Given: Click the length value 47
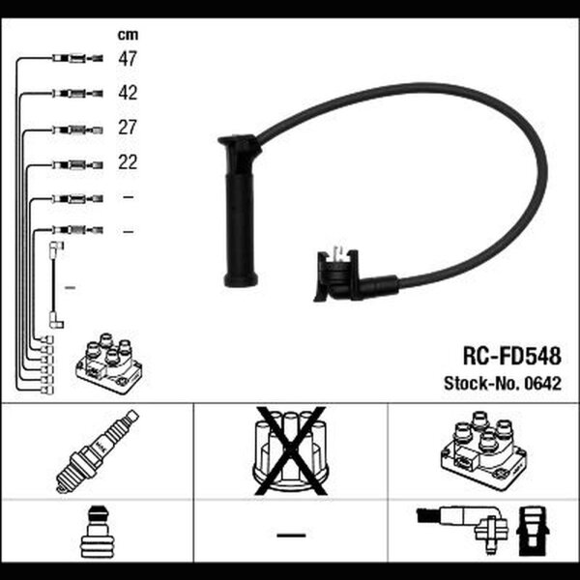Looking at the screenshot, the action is coord(128,58).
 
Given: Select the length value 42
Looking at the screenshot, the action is coord(128,93).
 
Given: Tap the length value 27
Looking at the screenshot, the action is coord(128,128).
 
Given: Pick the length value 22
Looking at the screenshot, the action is coord(128,162).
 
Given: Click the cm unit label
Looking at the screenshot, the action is coord(128,35).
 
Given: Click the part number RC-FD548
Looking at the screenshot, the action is coord(512,356).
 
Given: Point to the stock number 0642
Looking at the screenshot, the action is coord(542,384).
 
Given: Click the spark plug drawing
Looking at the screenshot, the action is coord(98,450).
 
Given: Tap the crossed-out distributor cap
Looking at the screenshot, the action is coord(291,450).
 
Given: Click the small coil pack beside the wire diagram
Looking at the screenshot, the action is coord(108,363).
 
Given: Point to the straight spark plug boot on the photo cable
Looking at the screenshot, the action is coord(240,211).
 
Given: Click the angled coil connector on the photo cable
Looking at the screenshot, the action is coord(355,276).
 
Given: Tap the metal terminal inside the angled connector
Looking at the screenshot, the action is coord(337,251).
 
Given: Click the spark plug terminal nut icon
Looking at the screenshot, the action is coord(97,532).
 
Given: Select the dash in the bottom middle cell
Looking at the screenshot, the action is coord(291,535).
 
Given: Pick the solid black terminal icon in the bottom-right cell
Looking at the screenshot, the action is coord(533,531).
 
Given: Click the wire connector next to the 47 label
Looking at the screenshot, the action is coord(77,58).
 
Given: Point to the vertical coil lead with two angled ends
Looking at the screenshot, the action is coord(55,285).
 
